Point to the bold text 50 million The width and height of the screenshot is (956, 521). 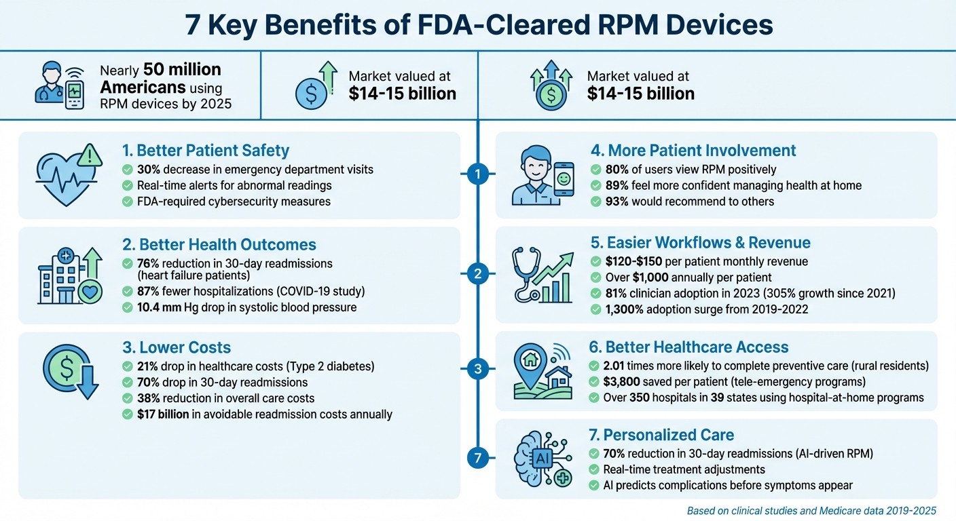pos(182,70)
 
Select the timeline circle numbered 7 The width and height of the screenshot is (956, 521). pos(478,459)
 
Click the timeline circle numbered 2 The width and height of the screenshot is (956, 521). pos(478,274)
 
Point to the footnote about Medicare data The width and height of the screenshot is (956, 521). pos(811,510)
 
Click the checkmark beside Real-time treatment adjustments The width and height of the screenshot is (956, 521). pos(595,469)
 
